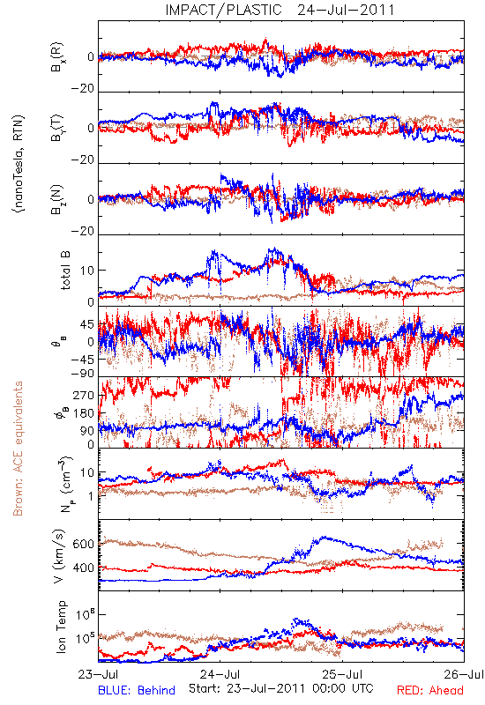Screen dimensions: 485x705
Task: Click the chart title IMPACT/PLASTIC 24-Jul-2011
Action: point(280,10)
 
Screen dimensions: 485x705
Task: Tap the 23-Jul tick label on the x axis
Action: point(98,674)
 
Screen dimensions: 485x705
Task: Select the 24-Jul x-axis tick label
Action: point(220,674)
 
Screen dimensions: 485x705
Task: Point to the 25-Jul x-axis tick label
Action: point(342,674)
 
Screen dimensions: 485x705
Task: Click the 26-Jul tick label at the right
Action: point(464,674)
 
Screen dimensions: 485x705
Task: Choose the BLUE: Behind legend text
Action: point(137,690)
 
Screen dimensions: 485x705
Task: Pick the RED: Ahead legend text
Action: point(430,690)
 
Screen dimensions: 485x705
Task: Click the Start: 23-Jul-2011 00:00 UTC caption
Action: point(281,688)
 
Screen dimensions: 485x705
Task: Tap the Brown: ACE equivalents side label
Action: point(18,449)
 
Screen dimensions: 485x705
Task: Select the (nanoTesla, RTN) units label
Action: point(19,163)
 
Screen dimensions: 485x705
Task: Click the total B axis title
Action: point(65,271)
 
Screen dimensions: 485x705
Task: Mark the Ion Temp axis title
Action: point(61,627)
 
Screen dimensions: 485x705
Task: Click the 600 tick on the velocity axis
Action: point(83,544)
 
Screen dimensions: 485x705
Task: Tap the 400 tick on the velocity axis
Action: point(83,568)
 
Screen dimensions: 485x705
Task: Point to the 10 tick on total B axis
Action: point(86,271)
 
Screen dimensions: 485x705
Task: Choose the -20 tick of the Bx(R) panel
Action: point(83,89)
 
